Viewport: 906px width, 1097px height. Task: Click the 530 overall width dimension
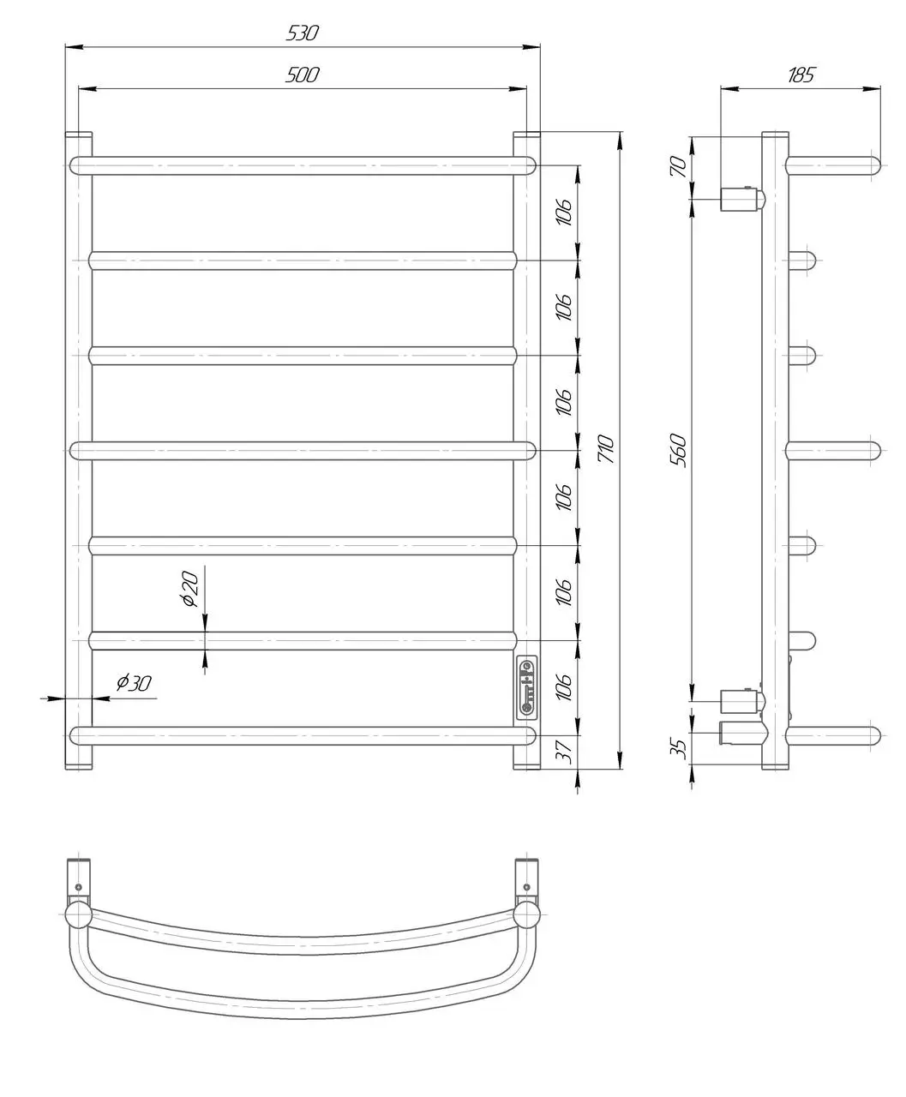point(303,33)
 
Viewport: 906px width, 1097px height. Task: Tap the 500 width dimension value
point(303,75)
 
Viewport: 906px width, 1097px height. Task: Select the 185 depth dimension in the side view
point(801,75)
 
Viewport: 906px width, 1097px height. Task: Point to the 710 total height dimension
point(606,448)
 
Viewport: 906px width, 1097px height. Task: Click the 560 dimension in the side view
point(678,450)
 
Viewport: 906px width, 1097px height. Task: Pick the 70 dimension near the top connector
point(679,166)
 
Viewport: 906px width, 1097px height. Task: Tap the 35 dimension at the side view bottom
point(679,748)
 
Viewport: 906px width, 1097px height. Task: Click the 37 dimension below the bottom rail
point(564,752)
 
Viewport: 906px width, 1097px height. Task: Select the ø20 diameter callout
point(191,589)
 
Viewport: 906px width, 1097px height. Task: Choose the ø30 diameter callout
point(134,683)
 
